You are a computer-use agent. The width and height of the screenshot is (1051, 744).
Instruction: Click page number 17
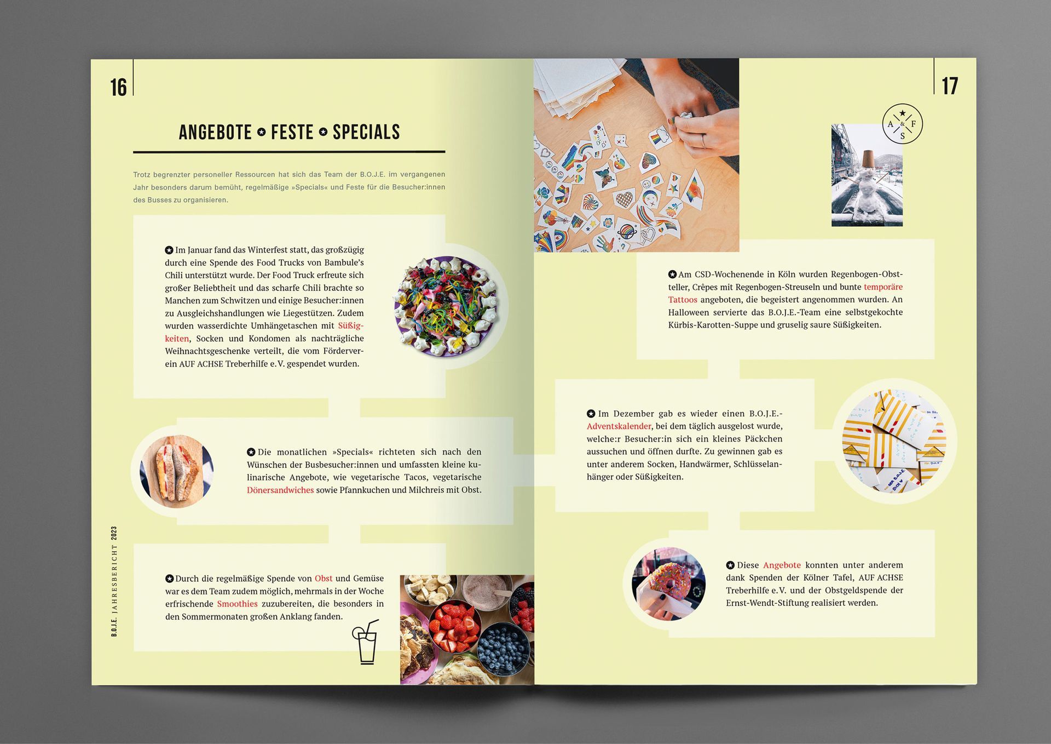950,86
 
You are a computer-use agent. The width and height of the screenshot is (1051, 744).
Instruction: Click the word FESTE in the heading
292,132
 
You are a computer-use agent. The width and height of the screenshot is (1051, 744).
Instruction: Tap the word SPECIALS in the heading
366,132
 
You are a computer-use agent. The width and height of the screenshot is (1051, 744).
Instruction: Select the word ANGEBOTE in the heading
215,132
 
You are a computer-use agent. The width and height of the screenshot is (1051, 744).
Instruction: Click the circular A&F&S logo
902,124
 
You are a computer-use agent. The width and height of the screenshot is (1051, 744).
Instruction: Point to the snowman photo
867,175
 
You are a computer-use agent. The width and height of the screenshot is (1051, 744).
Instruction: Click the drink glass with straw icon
365,642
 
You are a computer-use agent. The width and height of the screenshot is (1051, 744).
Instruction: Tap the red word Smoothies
237,604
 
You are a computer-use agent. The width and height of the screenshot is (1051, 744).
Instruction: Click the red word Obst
324,579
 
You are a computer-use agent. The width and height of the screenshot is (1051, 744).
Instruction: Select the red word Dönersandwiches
280,490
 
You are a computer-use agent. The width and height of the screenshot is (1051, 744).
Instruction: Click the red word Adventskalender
619,426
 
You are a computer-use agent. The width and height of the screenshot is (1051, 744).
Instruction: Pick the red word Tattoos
683,300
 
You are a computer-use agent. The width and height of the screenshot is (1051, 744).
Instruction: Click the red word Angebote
782,565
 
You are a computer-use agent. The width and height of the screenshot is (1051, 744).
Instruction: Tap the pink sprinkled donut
669,584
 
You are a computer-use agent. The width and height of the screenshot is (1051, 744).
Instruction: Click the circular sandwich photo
176,471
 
